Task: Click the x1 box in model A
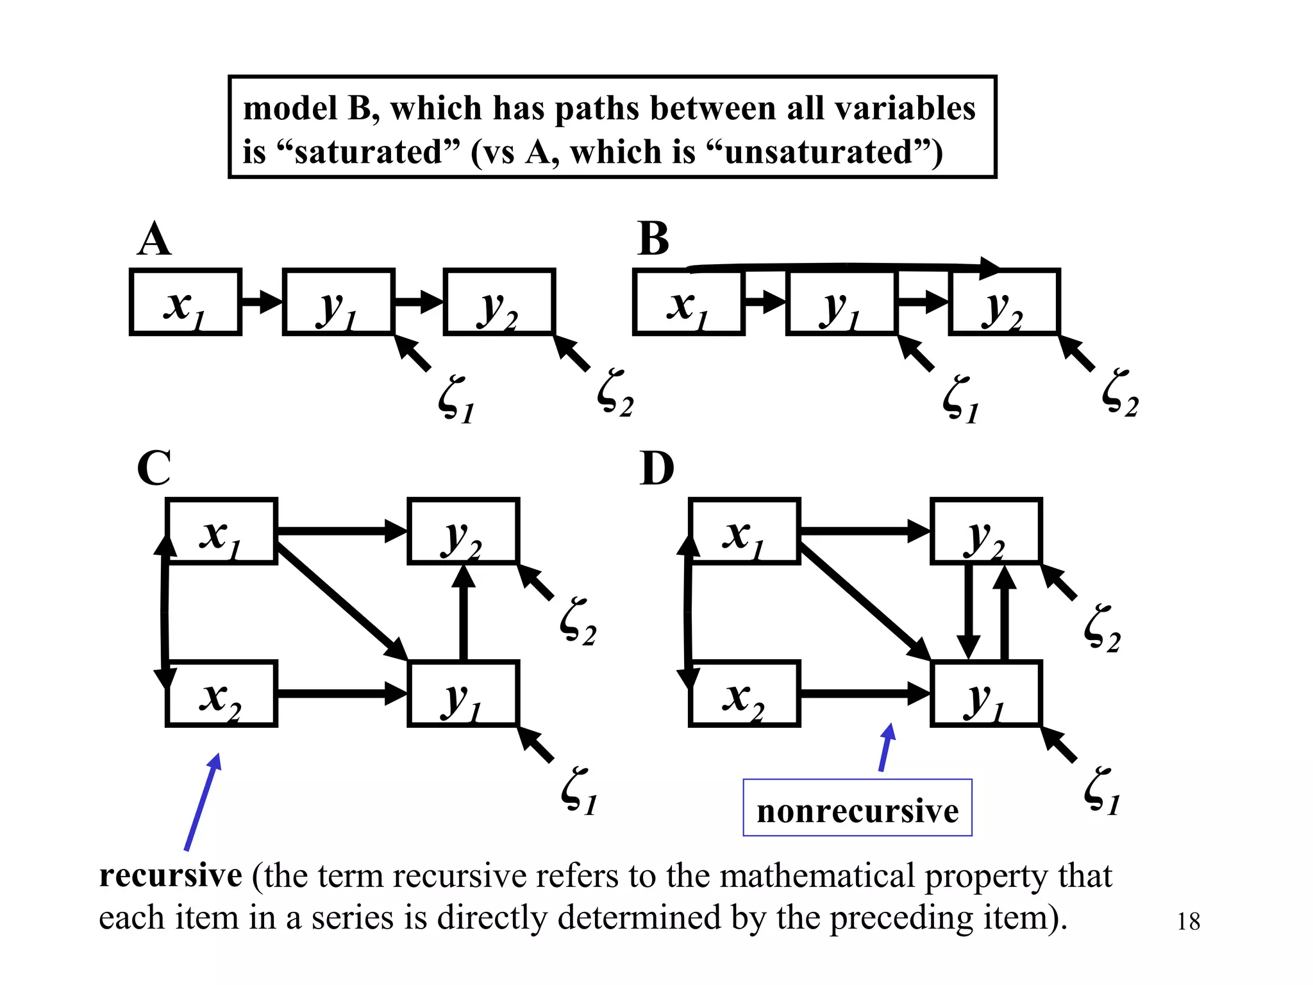pyautogui.click(x=185, y=302)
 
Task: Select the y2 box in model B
pyautogui.click(x=1004, y=302)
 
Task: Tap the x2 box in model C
pyautogui.click(x=221, y=694)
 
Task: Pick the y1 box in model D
pyautogui.click(x=985, y=694)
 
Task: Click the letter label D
pyautogui.click(x=657, y=469)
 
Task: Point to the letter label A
pyautogui.click(x=155, y=239)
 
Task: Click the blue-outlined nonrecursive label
pyautogui.click(x=857, y=808)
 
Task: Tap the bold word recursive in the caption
pyautogui.click(x=171, y=875)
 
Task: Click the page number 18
pyautogui.click(x=1188, y=922)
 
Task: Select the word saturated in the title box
pyautogui.click(x=368, y=153)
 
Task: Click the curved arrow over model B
pyautogui.click(x=833, y=266)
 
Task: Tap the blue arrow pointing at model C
pyautogui.click(x=203, y=802)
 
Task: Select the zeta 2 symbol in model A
pyautogui.click(x=614, y=392)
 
